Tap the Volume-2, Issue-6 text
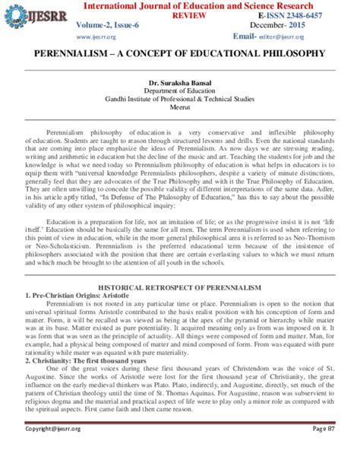pos(112,25)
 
